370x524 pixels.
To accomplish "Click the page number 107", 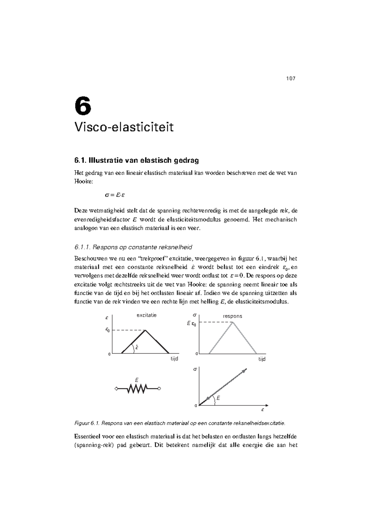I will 290,78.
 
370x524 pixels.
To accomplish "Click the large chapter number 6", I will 83,106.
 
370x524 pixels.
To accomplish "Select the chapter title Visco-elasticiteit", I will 124,127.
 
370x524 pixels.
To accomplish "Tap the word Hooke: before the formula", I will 84,181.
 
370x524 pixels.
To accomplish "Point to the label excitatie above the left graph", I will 146,315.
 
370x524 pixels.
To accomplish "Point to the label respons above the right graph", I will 232,316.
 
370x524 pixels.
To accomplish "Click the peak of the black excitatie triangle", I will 145,330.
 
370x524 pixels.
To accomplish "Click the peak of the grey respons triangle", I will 233,322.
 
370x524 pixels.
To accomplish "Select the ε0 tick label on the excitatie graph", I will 107,330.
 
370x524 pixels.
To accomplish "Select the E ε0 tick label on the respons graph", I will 191,324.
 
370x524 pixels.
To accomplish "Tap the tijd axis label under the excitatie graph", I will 174,359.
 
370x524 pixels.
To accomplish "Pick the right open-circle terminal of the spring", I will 159,389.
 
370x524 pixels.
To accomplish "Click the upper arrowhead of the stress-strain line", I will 245,370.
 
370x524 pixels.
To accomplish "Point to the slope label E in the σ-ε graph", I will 218,398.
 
